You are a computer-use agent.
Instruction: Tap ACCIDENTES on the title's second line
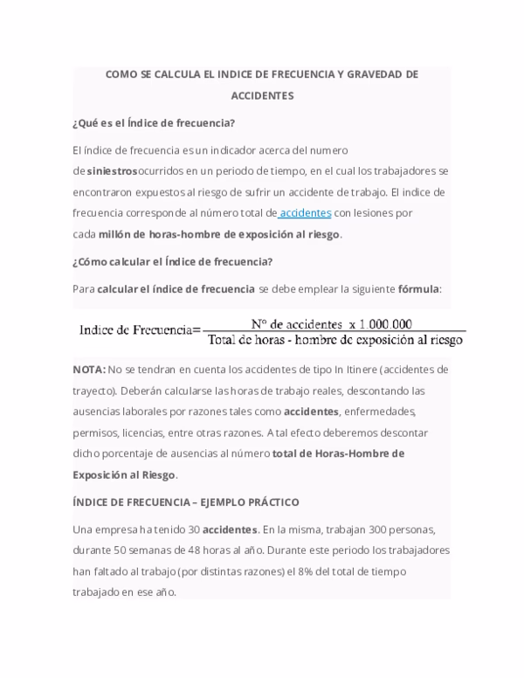[262, 96]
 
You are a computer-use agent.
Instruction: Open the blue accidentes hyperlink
[305, 213]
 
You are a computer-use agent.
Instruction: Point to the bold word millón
[117, 234]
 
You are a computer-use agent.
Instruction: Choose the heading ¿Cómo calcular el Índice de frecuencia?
[174, 261]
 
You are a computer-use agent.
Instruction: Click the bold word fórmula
[418, 288]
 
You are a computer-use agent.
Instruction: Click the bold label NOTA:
[89, 370]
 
